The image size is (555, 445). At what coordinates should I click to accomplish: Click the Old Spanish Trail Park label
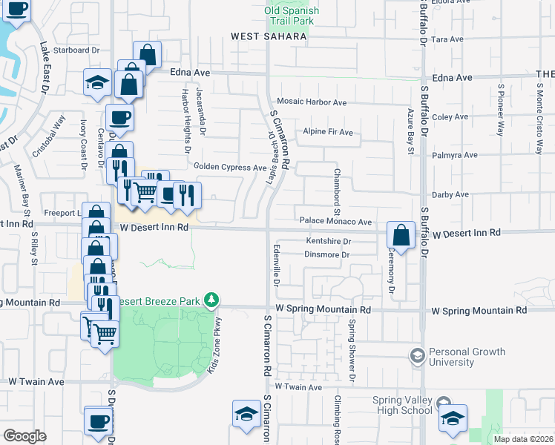(292, 16)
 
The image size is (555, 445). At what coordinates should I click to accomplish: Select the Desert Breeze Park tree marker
(213, 300)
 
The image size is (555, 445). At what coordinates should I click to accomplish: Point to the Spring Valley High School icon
(453, 418)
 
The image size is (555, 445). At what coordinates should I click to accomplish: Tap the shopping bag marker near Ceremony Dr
(401, 235)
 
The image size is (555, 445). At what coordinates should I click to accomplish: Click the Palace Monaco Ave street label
(335, 222)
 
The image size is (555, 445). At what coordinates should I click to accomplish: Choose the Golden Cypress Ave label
(230, 168)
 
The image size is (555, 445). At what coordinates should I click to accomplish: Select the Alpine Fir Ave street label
(327, 132)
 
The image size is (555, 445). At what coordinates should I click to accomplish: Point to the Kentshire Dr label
(328, 242)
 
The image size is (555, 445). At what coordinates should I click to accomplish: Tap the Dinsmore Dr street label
(326, 255)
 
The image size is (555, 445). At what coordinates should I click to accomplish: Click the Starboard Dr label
(82, 50)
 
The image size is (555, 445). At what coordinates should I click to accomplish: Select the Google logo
(24, 435)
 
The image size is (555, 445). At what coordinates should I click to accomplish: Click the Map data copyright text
(523, 439)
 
